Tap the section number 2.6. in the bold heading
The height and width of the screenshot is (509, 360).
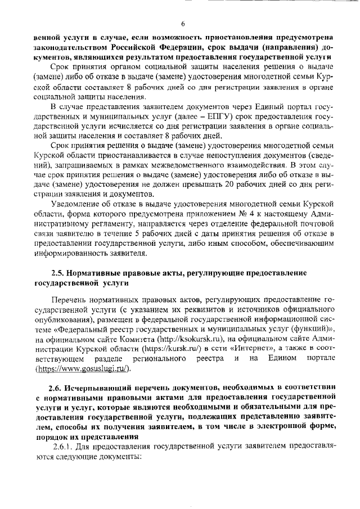57,387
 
